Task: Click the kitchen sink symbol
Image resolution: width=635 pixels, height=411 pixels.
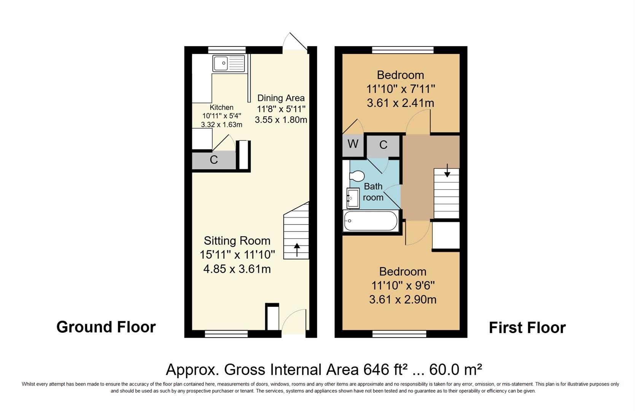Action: pos(229,64)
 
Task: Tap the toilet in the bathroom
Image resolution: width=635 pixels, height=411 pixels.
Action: pos(356,176)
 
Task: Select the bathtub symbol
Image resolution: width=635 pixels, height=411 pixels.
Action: pos(370,221)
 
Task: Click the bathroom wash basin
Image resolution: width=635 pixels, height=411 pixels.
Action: pos(352,198)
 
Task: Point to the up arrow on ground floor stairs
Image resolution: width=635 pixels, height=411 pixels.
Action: pos(296,250)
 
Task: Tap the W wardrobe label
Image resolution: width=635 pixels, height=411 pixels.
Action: pos(353,144)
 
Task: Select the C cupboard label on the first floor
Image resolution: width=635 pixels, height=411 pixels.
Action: pos(383,145)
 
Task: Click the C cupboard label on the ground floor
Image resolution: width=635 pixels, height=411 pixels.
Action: pos(214,160)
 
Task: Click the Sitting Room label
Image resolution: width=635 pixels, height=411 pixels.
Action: pos(237,241)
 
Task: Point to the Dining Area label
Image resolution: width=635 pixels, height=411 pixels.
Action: pos(281,98)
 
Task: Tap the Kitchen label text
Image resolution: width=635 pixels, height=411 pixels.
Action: pos(221,107)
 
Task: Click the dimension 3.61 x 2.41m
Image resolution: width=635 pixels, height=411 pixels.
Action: pos(400,103)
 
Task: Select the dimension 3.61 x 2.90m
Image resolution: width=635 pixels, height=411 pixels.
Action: pos(403,299)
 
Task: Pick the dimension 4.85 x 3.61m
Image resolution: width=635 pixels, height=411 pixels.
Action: pos(237,269)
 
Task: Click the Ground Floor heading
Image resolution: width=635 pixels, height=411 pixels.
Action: pos(106,327)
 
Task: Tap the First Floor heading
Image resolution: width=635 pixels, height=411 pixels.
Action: pos(527,328)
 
